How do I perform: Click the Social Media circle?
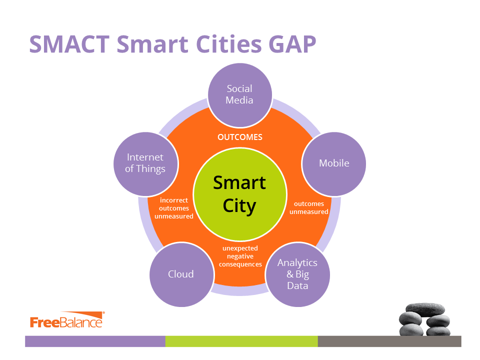pos(239,95)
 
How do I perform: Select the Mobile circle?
pos(333,164)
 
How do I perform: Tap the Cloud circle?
pos(181,274)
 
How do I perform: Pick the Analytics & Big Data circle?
pos(297,274)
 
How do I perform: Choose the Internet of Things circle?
pos(145,164)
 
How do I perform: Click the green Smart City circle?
pos(240,194)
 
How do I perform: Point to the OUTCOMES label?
pos(240,137)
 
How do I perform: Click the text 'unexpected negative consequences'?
pos(240,256)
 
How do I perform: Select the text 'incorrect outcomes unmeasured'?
pos(174,208)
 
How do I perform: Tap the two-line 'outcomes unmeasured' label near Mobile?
pos(309,208)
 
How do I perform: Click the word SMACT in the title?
pos(69,44)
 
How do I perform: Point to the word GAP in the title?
pos(292,44)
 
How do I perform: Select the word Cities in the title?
pos(228,44)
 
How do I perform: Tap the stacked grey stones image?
pos(424,319)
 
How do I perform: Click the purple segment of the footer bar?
pos(95,341)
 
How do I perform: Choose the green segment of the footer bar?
pos(241,341)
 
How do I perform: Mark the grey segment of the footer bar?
pos(389,341)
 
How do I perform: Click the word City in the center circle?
pos(239,206)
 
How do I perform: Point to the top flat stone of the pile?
pos(425,309)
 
